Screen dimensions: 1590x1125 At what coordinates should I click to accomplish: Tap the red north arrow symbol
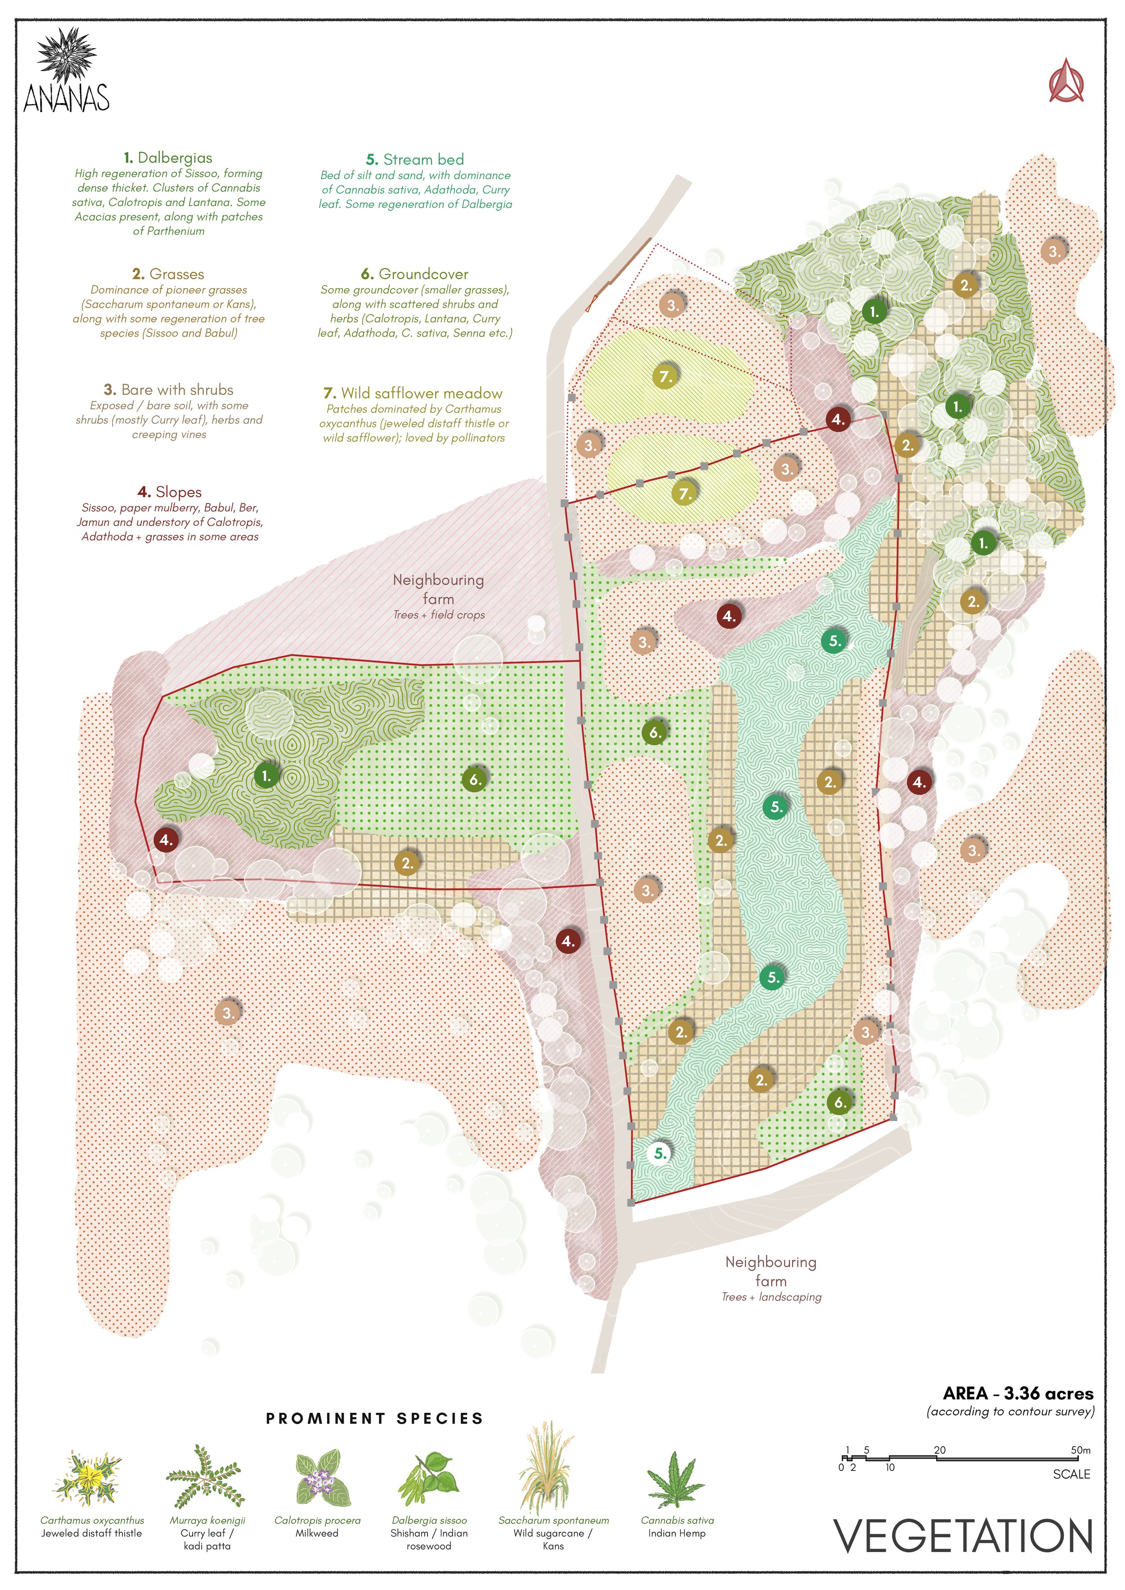(1066, 82)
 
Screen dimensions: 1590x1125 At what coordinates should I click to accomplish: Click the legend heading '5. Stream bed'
(415, 159)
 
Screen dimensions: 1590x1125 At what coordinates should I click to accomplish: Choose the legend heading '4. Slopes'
(170, 492)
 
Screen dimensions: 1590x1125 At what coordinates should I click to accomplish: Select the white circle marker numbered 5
(660, 1153)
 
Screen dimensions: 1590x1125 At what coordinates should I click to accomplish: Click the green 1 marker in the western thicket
(266, 776)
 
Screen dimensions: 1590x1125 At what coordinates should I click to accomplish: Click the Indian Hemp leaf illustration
(675, 1480)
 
